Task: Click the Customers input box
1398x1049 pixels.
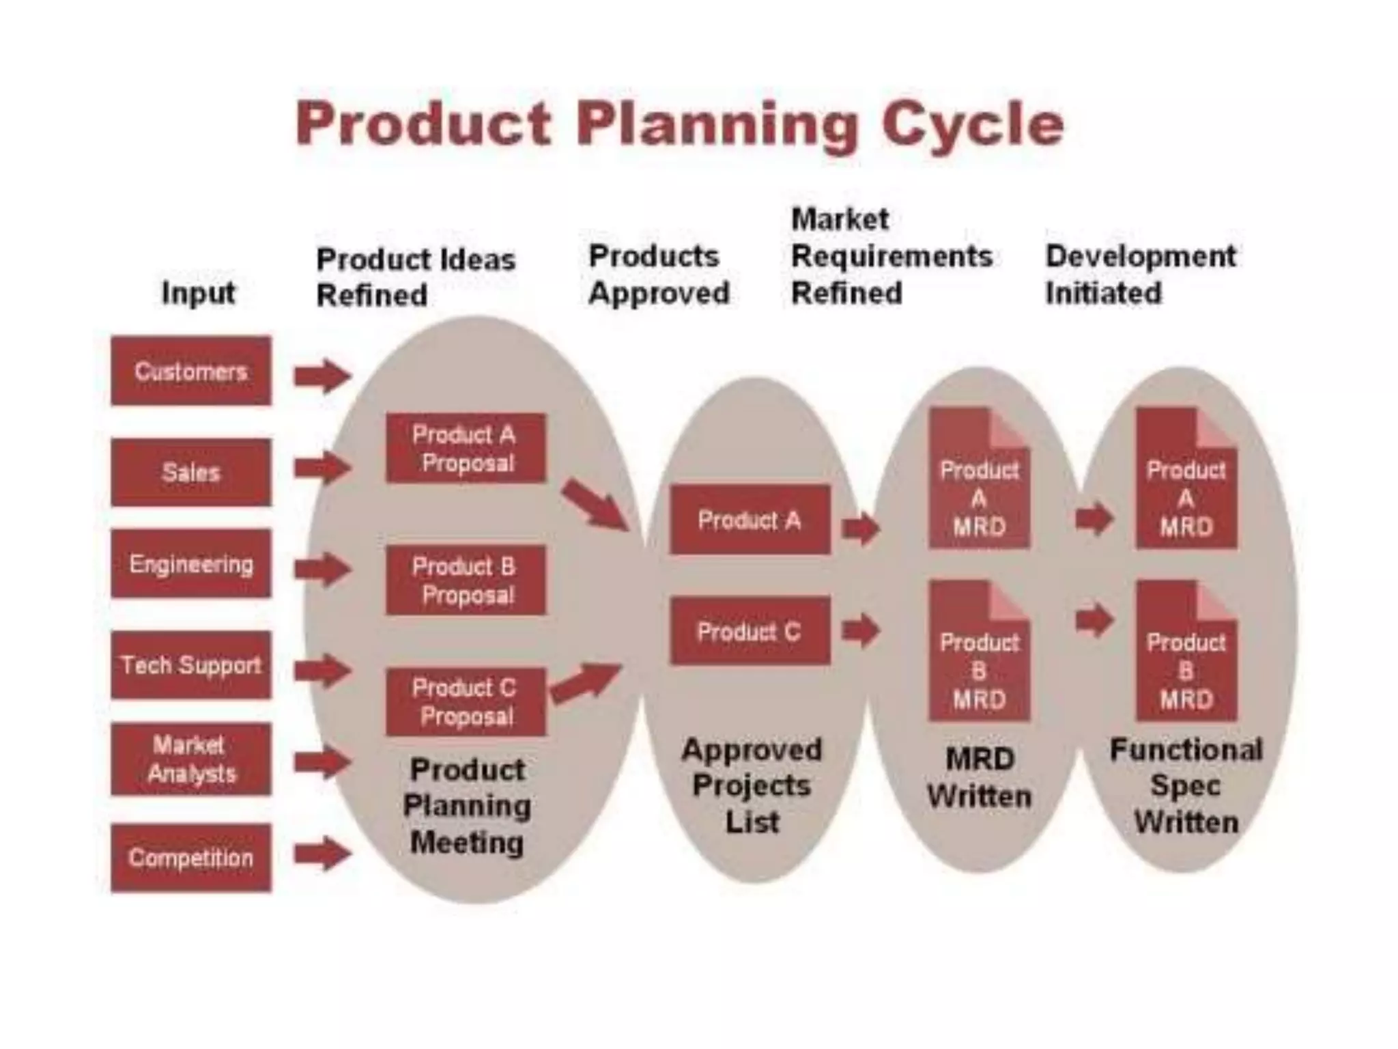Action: (191, 371)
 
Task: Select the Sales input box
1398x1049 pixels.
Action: (191, 473)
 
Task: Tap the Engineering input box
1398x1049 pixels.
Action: (191, 564)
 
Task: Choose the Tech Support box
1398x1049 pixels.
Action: (191, 665)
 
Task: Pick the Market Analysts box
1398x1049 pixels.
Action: (191, 759)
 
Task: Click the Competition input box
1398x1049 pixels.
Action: (191, 858)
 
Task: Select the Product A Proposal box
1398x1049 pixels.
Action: (466, 449)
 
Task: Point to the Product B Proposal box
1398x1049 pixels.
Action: (466, 581)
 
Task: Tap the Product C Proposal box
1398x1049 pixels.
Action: (466, 702)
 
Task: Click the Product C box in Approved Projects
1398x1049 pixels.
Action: (750, 631)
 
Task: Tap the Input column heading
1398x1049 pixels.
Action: (198, 293)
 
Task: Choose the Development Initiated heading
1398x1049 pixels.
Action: (1140, 275)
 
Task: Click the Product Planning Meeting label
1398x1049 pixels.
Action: (468, 806)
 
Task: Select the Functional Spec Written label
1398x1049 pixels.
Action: (1186, 786)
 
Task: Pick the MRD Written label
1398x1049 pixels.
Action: (980, 778)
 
